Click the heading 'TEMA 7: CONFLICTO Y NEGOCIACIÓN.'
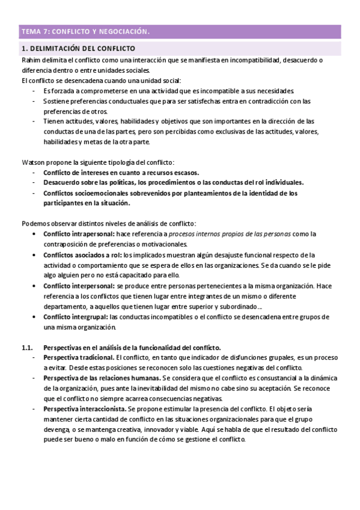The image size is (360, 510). (85, 31)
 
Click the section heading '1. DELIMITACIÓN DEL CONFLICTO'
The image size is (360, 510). (78, 48)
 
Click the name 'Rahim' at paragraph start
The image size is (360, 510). (31, 60)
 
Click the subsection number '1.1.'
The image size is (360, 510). (27, 348)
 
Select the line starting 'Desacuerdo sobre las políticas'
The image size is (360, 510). (174, 182)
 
